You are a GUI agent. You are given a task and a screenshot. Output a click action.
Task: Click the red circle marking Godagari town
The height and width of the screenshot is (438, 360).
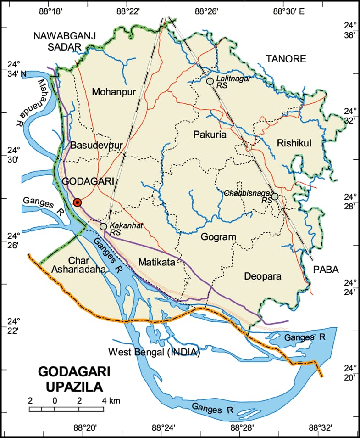(x=78, y=202)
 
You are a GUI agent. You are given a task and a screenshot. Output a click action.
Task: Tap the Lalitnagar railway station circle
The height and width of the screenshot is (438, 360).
(x=210, y=81)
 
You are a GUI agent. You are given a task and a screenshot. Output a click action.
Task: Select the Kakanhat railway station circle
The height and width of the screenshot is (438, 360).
(x=103, y=226)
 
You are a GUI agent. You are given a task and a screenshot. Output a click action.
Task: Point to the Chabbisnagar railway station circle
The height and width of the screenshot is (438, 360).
(x=275, y=197)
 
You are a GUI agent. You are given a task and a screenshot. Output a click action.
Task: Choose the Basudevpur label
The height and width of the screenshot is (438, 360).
(x=96, y=146)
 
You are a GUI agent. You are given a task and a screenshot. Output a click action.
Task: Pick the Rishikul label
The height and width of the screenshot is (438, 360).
(x=294, y=144)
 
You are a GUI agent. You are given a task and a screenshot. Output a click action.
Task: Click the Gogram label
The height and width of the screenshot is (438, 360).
(x=218, y=237)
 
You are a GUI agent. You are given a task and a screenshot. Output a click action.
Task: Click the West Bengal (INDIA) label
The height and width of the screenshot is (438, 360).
(x=154, y=353)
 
